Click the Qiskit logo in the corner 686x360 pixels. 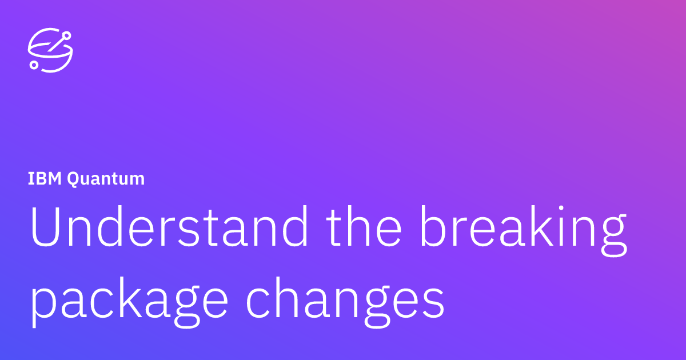click(50, 50)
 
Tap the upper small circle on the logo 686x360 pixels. click(67, 36)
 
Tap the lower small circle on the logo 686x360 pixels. click(34, 65)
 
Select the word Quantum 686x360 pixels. click(106, 179)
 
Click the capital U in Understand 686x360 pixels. click(45, 227)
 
